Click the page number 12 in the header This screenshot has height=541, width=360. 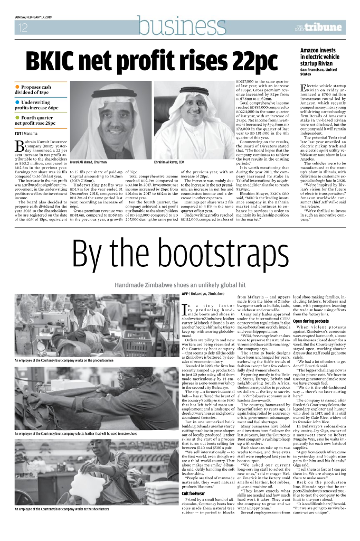pyautogui.click(x=23, y=28)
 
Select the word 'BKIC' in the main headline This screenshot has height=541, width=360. pyautogui.click(x=58, y=63)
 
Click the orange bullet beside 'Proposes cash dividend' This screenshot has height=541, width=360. pyautogui.click(x=17, y=87)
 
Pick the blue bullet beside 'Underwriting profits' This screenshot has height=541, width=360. pyautogui.click(x=17, y=102)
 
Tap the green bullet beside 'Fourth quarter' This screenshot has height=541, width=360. pyautogui.click(x=17, y=117)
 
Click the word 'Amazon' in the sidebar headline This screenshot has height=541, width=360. pyautogui.click(x=312, y=50)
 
